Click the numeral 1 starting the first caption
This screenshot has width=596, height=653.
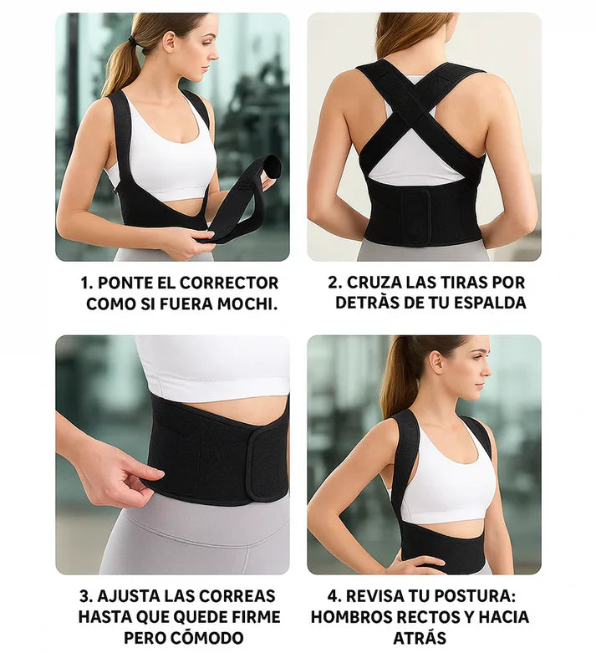(84, 283)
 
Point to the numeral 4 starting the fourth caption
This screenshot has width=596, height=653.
(335, 596)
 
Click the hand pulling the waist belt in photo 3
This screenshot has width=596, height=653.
(125, 472)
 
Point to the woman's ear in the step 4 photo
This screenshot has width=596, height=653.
(436, 364)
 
